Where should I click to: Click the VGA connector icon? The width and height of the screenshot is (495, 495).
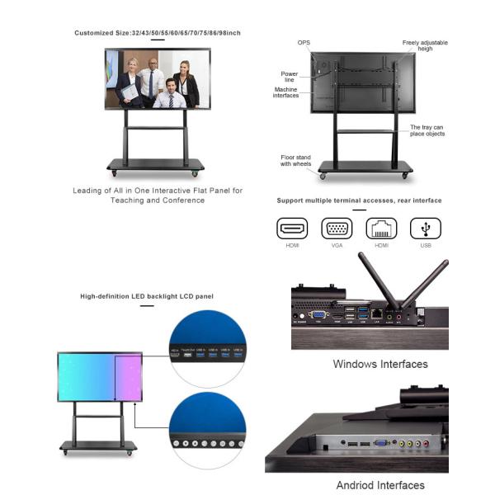click(337, 229)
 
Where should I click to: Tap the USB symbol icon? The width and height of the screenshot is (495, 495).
click(426, 229)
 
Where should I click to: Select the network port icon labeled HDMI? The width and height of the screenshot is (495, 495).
click(381, 229)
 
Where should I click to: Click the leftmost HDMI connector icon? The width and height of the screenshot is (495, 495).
click(292, 229)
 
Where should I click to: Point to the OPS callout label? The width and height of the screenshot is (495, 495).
click(304, 42)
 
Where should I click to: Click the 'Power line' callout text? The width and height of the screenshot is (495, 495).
click(289, 76)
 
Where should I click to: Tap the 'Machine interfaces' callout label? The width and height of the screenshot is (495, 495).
click(285, 92)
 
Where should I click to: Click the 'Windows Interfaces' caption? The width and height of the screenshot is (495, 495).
click(380, 364)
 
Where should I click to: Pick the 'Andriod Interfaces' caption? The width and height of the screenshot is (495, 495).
click(380, 485)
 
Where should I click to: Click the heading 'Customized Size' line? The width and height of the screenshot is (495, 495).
click(158, 33)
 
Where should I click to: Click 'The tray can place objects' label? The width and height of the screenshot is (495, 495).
click(428, 130)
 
